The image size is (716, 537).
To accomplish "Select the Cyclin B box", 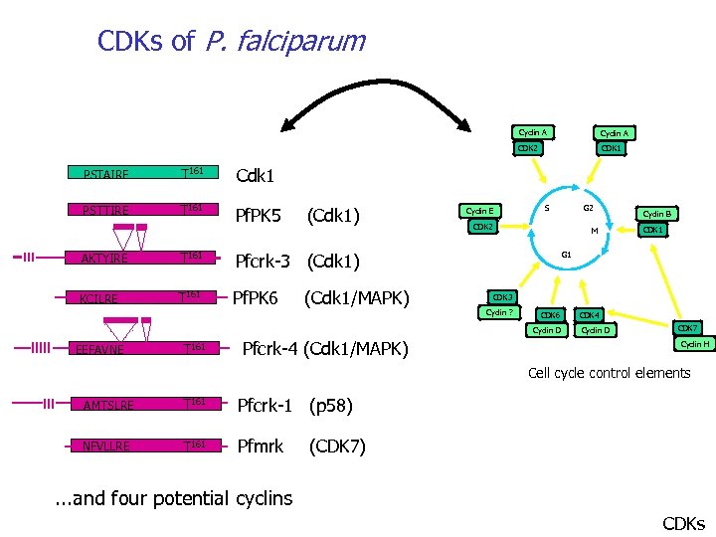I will pos(657,213).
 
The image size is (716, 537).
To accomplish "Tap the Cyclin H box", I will pos(694,344).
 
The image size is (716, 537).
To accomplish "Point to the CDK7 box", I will pos(687,328).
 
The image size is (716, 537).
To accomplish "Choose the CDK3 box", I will pos(502,297).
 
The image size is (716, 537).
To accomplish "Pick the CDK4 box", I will pos(590,314).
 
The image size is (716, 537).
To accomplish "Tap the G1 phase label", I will pos(566,255).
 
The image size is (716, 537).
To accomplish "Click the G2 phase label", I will pos(588,208).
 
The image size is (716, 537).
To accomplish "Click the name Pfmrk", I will pos(260,447).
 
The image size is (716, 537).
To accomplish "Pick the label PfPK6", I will pos(254,296).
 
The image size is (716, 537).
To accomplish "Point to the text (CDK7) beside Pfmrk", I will pos(337,447).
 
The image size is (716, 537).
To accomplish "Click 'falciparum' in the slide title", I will pos(284,42).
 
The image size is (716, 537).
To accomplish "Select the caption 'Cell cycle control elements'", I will pos(609,373).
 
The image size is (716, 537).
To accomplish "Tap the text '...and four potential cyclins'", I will pos(172,498).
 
